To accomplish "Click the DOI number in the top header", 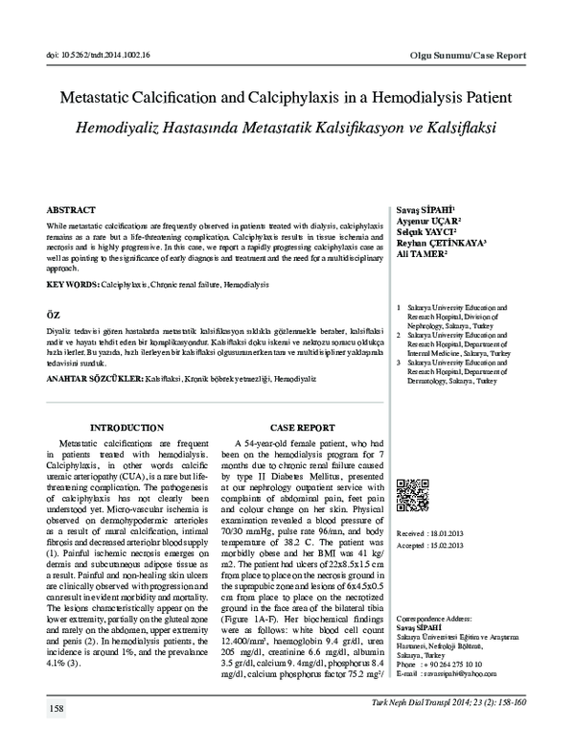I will coord(96,57).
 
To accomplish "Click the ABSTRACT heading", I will coord(72,208).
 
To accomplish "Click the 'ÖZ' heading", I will coord(54,315).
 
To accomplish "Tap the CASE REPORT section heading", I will coord(302,426).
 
